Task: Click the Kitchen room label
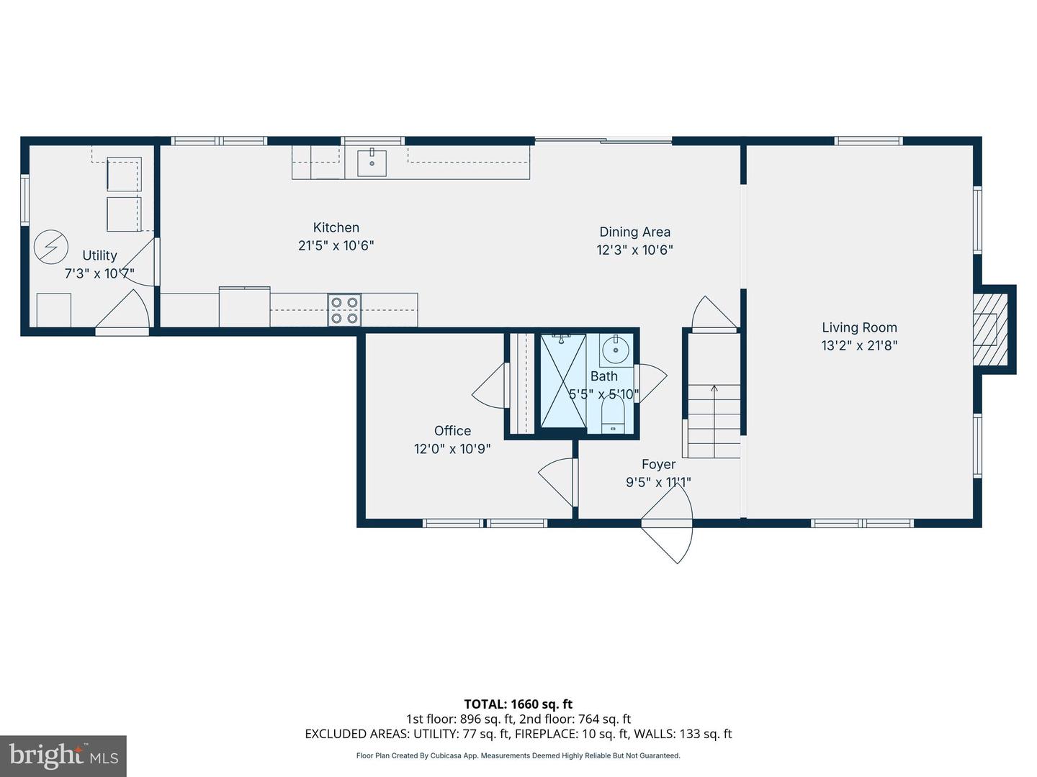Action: point(336,227)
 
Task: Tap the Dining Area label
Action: point(634,232)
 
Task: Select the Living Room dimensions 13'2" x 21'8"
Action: point(859,345)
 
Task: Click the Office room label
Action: point(452,430)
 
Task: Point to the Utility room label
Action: point(99,255)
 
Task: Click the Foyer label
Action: point(658,465)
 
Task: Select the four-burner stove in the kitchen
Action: point(344,310)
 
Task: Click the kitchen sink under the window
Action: point(372,163)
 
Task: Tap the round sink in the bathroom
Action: point(616,350)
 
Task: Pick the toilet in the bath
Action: point(613,415)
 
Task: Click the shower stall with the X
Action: point(563,381)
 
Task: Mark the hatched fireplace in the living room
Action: point(986,330)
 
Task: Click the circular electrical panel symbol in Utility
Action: point(51,247)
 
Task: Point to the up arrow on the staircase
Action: point(714,391)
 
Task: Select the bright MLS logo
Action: point(63,755)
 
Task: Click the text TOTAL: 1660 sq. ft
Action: point(518,704)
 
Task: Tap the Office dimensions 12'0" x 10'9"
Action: point(452,449)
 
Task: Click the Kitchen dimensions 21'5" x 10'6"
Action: point(336,245)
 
